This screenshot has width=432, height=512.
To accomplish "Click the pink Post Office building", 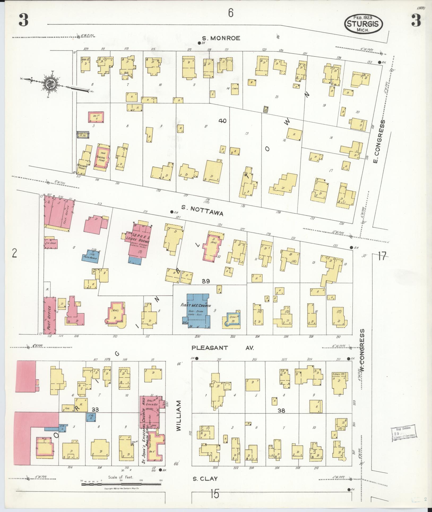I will (50, 315).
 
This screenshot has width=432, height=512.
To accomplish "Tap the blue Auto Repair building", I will (90, 256).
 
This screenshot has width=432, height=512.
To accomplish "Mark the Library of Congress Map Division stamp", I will (403, 435).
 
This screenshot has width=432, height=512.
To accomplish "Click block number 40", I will (222, 121).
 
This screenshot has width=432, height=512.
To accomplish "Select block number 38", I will (281, 418).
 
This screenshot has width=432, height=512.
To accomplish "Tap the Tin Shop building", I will (51, 243).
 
